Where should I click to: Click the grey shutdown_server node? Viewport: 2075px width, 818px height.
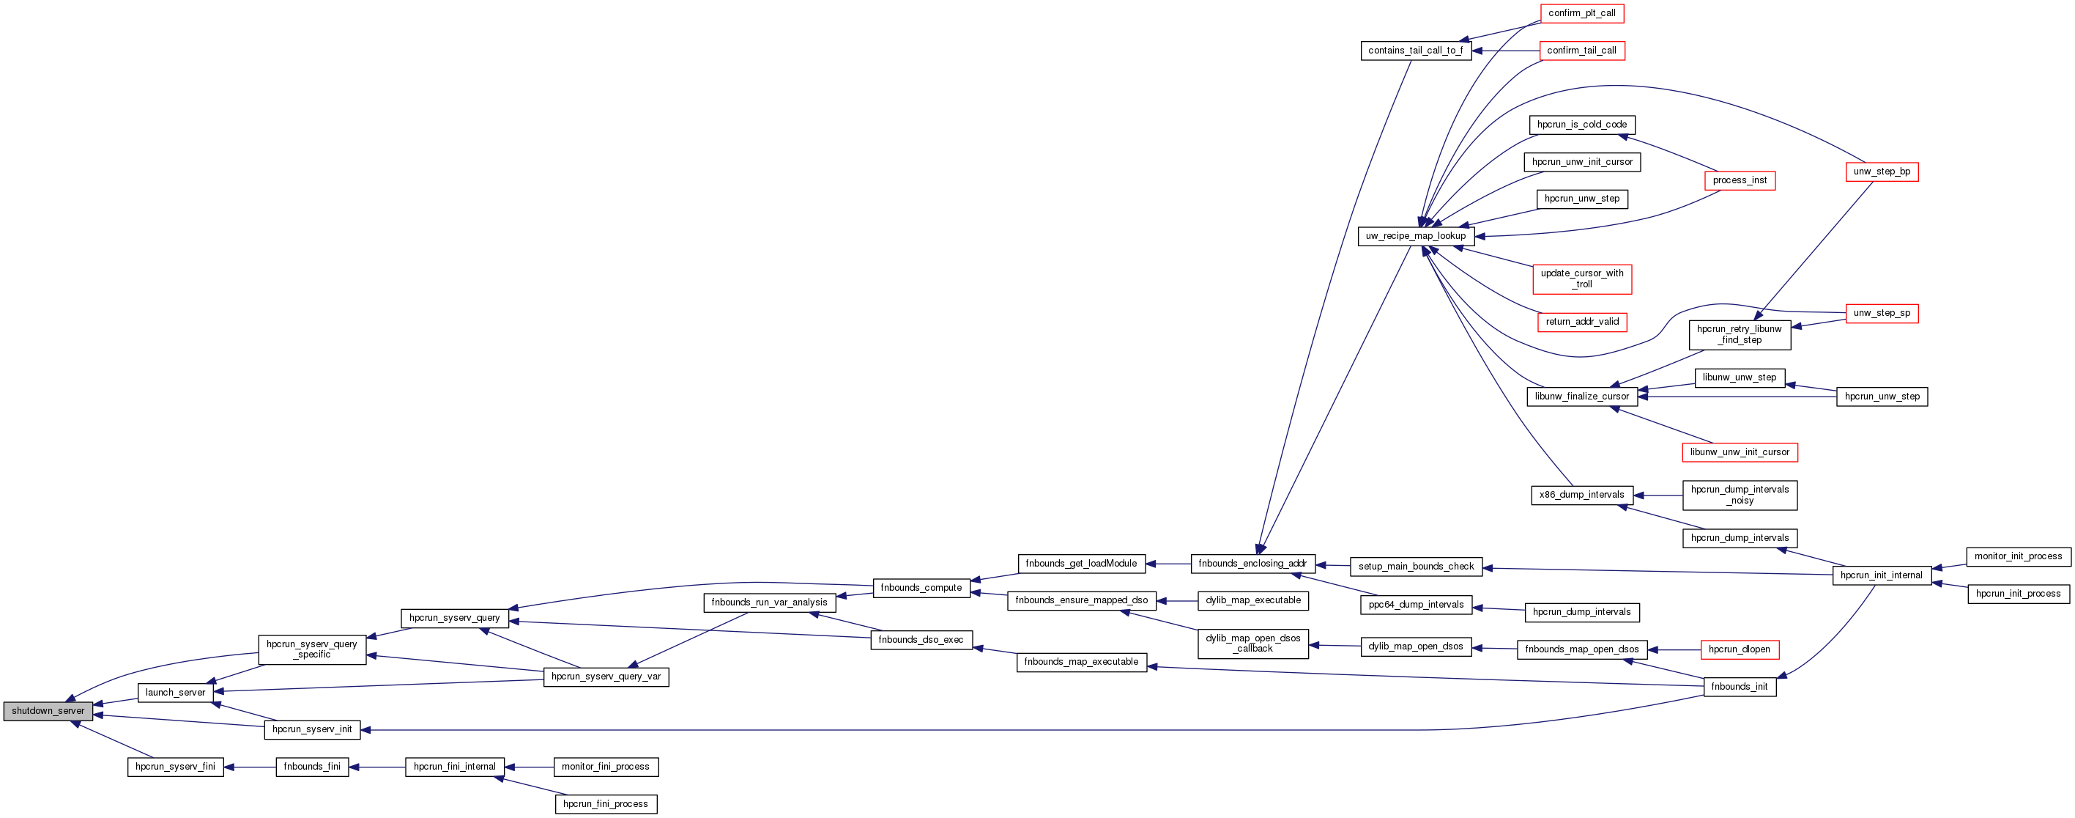click(48, 711)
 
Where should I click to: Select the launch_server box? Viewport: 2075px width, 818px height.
click(175, 692)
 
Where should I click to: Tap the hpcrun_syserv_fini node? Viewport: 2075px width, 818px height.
click(175, 767)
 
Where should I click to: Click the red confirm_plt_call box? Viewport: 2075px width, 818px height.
click(1581, 13)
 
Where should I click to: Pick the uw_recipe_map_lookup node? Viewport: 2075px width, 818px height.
click(1415, 236)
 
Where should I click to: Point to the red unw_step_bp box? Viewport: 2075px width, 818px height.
click(1881, 172)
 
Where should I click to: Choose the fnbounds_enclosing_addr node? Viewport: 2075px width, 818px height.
click(1252, 564)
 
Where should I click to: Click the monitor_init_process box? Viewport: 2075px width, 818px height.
click(2017, 556)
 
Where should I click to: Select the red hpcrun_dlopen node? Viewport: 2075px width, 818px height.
click(1738, 649)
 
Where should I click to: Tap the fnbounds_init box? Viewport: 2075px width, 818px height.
click(1738, 687)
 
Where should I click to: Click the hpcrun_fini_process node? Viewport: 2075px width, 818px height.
click(605, 803)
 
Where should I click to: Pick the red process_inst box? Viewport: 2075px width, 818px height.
click(1739, 180)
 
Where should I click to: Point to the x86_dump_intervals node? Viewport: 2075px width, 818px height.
click(1581, 495)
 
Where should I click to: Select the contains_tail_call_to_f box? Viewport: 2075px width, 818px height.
click(1415, 51)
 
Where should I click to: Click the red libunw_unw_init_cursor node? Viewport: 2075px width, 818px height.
click(1739, 452)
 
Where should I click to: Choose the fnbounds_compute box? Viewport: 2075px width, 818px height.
click(921, 588)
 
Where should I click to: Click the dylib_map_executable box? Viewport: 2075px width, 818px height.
click(1252, 600)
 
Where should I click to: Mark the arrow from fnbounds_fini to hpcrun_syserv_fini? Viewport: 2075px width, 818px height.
click(250, 767)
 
